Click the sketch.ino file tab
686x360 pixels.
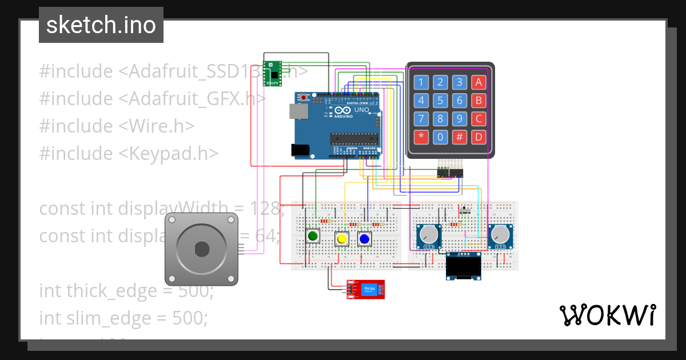[x=101, y=25]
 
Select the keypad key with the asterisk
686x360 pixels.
[x=421, y=137]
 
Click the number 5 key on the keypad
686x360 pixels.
[x=440, y=101]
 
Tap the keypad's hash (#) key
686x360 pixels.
[x=459, y=137]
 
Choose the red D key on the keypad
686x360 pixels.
[x=478, y=137]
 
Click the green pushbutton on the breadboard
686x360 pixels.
[x=313, y=235]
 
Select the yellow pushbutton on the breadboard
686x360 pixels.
[x=342, y=239]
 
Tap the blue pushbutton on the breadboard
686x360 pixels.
[x=364, y=238]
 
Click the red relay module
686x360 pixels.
[x=365, y=290]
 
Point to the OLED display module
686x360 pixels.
[x=464, y=267]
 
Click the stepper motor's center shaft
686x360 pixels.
[x=201, y=249]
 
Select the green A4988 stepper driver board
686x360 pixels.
[x=272, y=74]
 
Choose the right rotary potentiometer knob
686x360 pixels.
[x=500, y=234]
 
